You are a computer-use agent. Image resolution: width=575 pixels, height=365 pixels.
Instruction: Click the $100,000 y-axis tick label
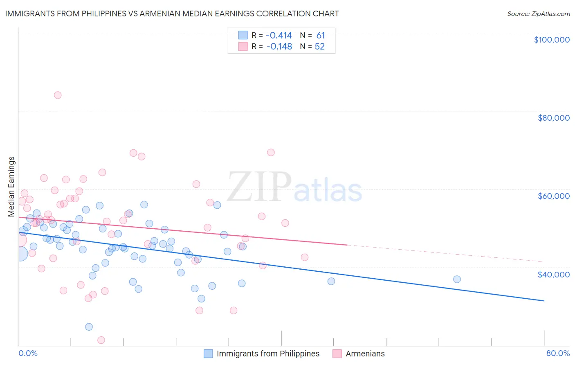point(552,40)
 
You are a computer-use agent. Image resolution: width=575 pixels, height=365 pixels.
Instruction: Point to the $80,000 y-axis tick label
point(553,118)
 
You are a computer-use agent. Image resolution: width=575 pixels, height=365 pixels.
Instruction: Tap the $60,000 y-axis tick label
point(553,196)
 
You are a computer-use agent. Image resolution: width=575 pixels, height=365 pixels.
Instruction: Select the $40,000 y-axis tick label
point(553,274)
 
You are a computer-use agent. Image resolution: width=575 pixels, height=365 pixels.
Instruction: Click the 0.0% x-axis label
point(28,353)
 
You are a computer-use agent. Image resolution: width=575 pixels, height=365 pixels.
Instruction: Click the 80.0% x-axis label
point(558,353)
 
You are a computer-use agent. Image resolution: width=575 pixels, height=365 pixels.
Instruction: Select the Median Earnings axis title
point(11,187)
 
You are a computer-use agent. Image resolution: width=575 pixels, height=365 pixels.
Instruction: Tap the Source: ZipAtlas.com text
point(538,14)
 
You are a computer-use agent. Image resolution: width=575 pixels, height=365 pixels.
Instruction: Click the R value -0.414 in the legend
point(279,35)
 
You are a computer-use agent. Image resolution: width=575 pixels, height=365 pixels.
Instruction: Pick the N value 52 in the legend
point(319,47)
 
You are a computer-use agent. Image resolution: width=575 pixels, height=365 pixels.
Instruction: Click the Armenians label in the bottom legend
point(365,354)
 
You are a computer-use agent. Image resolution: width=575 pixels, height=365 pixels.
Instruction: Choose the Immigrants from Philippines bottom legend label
point(268,354)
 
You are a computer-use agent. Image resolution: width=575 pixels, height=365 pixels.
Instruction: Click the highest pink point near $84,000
point(58,95)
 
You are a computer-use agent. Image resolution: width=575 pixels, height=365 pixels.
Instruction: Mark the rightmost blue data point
point(457,279)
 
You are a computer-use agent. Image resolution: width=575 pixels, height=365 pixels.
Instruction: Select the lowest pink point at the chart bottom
point(101,340)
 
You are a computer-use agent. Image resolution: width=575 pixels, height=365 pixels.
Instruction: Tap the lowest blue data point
point(89,327)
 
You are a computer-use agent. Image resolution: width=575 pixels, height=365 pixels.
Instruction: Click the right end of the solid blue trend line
point(544,301)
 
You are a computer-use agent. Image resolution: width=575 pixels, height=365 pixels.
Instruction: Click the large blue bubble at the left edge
point(20,254)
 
